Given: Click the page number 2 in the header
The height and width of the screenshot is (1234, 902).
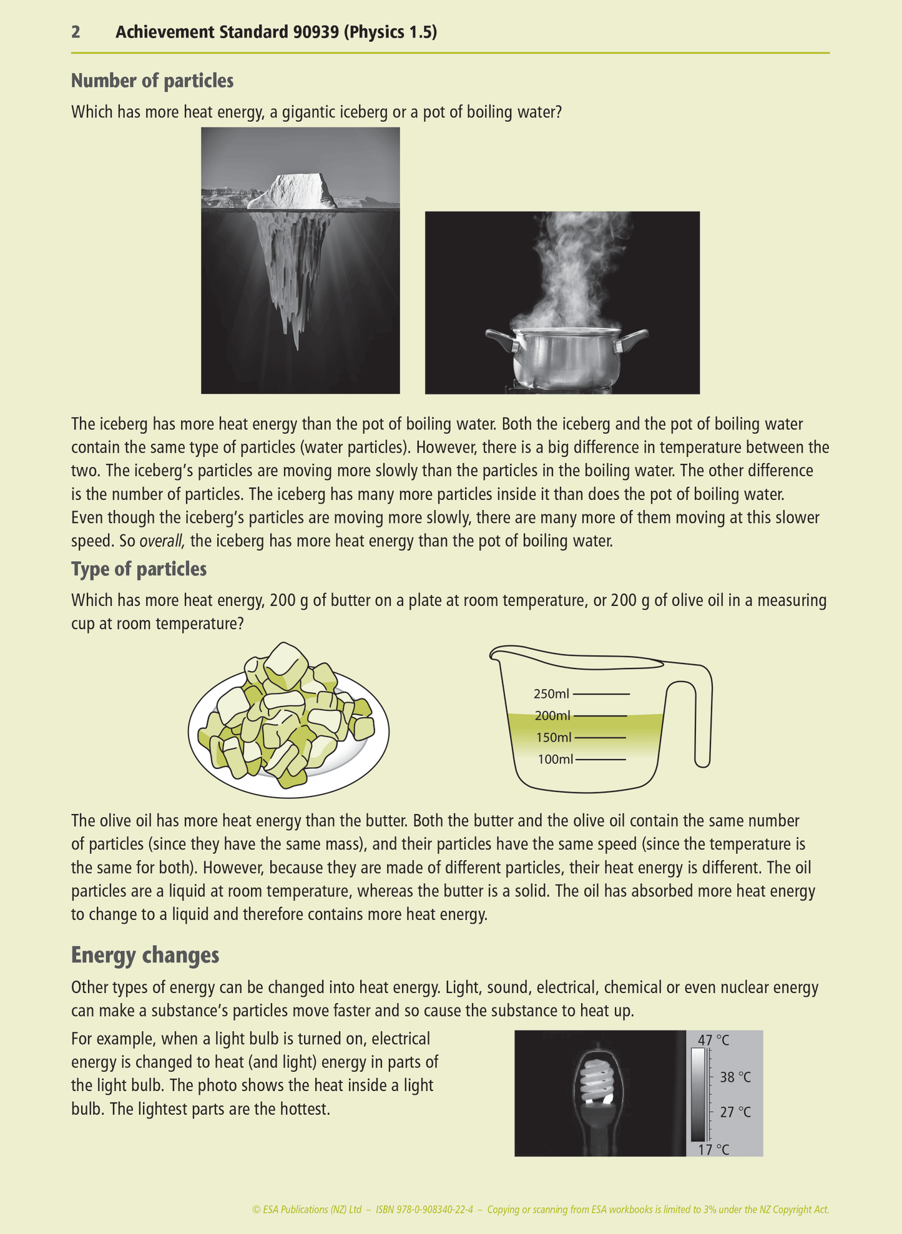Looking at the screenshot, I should [x=76, y=32].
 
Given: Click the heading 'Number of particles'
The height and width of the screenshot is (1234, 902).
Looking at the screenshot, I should [x=152, y=81].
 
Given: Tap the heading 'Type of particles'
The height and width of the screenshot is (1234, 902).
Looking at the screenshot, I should [x=139, y=569].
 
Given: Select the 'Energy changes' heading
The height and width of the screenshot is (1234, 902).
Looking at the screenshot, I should [x=145, y=955].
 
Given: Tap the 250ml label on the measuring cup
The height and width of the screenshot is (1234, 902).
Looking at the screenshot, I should [x=551, y=693].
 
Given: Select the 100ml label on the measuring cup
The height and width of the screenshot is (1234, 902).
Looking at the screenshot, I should [x=554, y=760].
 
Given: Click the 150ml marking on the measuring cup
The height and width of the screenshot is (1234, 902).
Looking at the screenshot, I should [x=554, y=738].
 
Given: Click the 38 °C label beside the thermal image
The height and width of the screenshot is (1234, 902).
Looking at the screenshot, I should [x=735, y=1077].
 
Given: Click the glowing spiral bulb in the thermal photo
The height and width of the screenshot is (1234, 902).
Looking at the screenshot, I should [x=599, y=1083].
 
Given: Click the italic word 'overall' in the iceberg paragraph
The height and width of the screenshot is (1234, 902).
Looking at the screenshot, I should [x=161, y=541].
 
